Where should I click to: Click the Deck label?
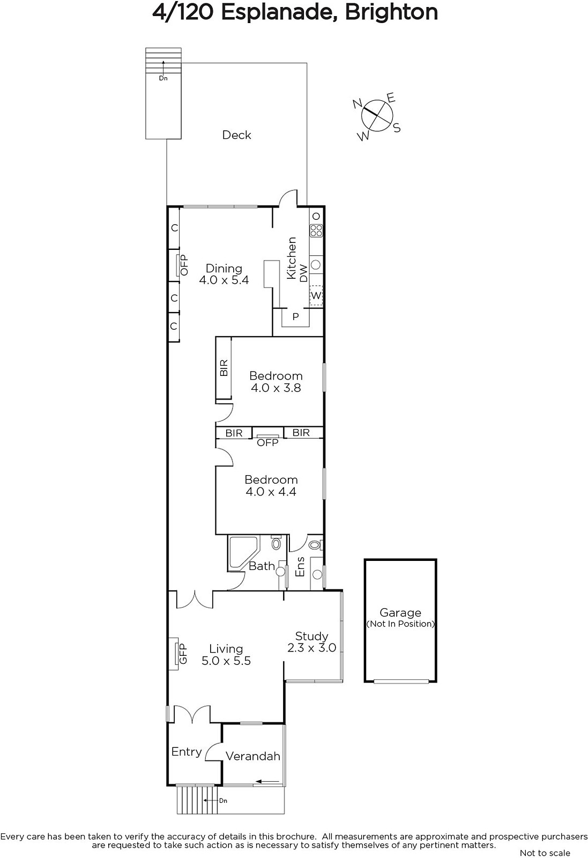236,135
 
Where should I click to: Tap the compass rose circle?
377,115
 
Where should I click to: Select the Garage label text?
400,612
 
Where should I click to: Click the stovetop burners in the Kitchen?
316,231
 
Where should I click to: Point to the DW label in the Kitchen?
303,273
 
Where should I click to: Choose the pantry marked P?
295,317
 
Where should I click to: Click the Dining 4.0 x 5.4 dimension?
224,280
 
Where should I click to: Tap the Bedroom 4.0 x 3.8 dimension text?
276,388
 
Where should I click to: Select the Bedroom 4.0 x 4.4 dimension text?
271,492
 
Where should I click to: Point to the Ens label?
300,566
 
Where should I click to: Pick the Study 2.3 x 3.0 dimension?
311,647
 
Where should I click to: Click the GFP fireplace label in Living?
183,654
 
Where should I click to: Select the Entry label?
187,752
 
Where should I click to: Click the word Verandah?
252,756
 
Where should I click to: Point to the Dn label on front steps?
223,801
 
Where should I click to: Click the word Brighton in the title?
391,12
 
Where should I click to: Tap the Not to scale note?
545,853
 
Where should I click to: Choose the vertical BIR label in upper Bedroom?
224,368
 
